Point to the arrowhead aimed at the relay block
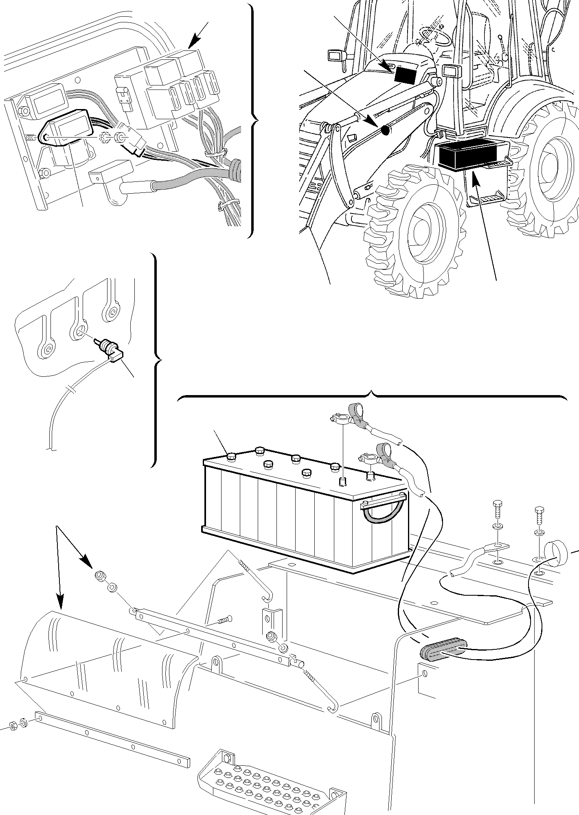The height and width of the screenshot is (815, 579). [195, 41]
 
